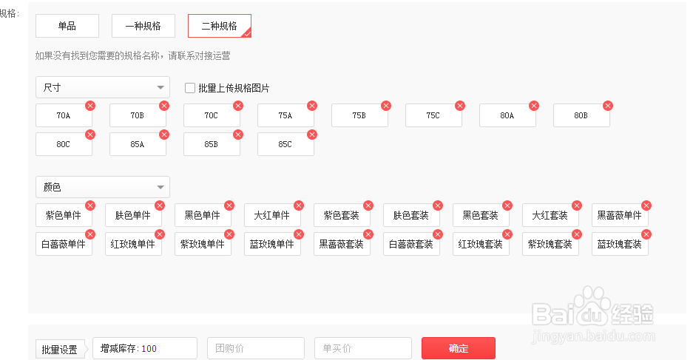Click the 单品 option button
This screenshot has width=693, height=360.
[67, 26]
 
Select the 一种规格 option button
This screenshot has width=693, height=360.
[143, 26]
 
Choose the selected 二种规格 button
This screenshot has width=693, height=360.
[220, 26]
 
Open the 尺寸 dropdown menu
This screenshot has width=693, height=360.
[103, 87]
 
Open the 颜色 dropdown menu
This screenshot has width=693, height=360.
[103, 187]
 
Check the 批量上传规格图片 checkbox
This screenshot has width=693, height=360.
[190, 89]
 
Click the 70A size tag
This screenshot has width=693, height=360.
[64, 116]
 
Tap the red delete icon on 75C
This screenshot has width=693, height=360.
[460, 106]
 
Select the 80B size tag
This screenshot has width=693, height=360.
[581, 116]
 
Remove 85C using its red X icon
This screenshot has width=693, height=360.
[312, 135]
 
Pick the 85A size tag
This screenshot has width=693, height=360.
[138, 144]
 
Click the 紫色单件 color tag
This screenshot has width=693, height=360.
[64, 216]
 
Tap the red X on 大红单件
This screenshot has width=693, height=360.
[299, 206]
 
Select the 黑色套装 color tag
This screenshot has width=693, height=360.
[481, 216]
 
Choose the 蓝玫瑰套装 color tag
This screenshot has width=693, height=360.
[620, 244]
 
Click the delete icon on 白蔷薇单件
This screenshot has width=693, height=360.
[90, 234]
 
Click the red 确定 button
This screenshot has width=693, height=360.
[459, 348]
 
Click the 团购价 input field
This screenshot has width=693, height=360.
[256, 348]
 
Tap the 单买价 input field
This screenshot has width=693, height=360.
[363, 348]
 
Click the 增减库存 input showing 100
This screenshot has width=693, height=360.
[144, 348]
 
